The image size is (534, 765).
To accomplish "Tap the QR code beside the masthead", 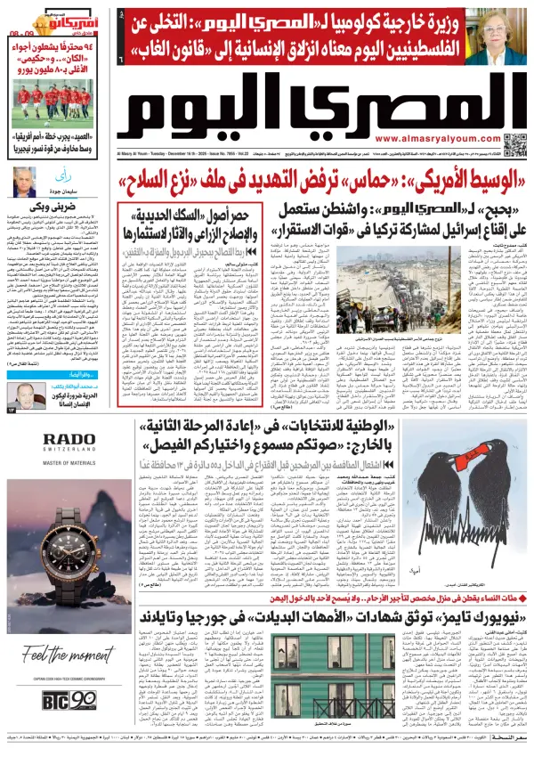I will (514, 144).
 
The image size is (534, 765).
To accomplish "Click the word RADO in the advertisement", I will (68, 439).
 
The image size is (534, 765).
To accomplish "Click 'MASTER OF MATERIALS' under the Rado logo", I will (68, 462).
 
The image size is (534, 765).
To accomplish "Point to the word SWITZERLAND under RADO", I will (68, 452).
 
